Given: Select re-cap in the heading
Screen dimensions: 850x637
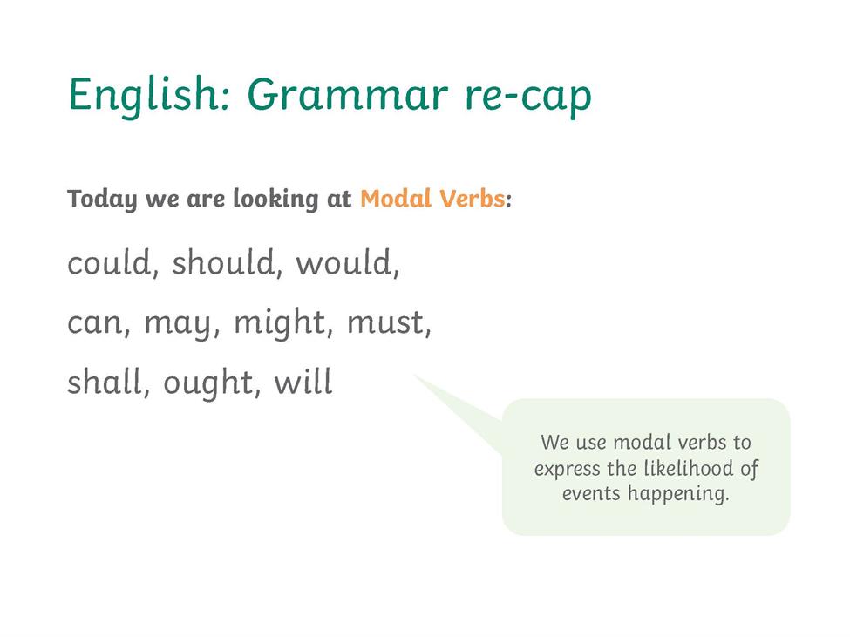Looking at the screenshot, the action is click(x=528, y=98).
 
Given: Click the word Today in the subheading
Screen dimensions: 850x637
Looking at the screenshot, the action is click(x=102, y=199).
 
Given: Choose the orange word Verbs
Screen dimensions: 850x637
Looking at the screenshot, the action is click(x=473, y=198).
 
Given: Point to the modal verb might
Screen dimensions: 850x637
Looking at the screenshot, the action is click(x=280, y=323).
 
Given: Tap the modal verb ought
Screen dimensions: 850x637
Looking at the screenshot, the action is click(x=208, y=383).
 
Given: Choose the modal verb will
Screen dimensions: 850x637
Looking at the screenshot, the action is click(x=303, y=382).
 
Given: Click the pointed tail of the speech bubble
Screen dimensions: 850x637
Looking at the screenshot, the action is click(x=415, y=375).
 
